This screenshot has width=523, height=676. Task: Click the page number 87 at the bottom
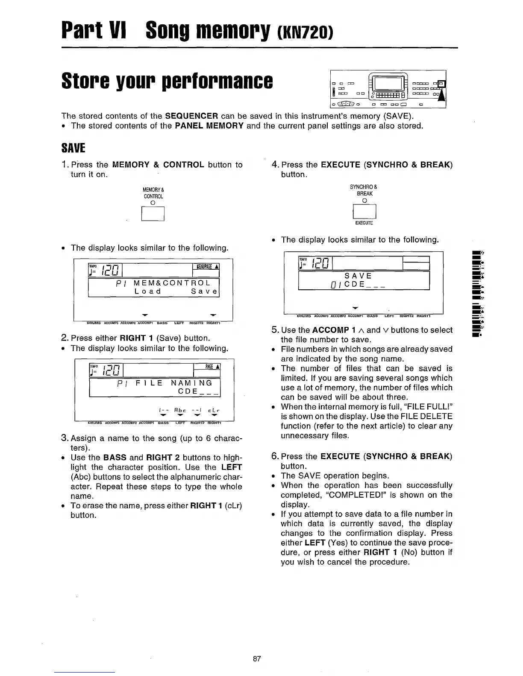click(257, 659)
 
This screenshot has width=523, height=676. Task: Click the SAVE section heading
click(73, 149)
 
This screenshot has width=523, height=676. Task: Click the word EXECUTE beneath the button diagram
click(364, 223)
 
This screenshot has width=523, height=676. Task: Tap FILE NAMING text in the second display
click(173, 383)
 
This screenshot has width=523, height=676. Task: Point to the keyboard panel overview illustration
click(388, 89)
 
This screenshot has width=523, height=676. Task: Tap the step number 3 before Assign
click(64, 438)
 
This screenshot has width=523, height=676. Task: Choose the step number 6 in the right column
click(275, 456)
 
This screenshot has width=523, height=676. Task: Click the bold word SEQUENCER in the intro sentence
click(192, 116)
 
